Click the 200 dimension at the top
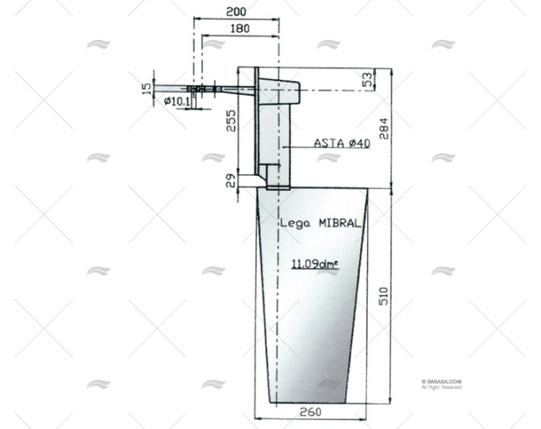pyautogui.click(x=235, y=12)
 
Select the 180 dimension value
pyautogui.click(x=239, y=29)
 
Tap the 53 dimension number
pyautogui.click(x=368, y=80)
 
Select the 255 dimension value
pyautogui.click(x=231, y=120)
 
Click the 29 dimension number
pyautogui.click(x=231, y=180)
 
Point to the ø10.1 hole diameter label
pyautogui.click(x=177, y=102)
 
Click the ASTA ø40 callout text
pyautogui.click(x=342, y=143)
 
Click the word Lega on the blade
pyautogui.click(x=296, y=222)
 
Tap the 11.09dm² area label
pyautogui.click(x=315, y=264)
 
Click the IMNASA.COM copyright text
pyautogui.click(x=442, y=382)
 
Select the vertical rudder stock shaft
pyautogui.click(x=274, y=135)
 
